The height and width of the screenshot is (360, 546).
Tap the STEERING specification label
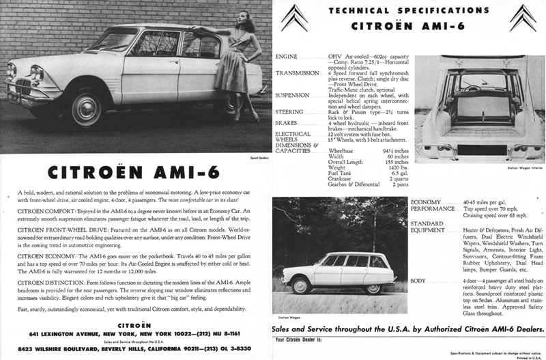(x=289, y=111)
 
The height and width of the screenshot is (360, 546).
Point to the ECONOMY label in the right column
(x=427, y=202)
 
